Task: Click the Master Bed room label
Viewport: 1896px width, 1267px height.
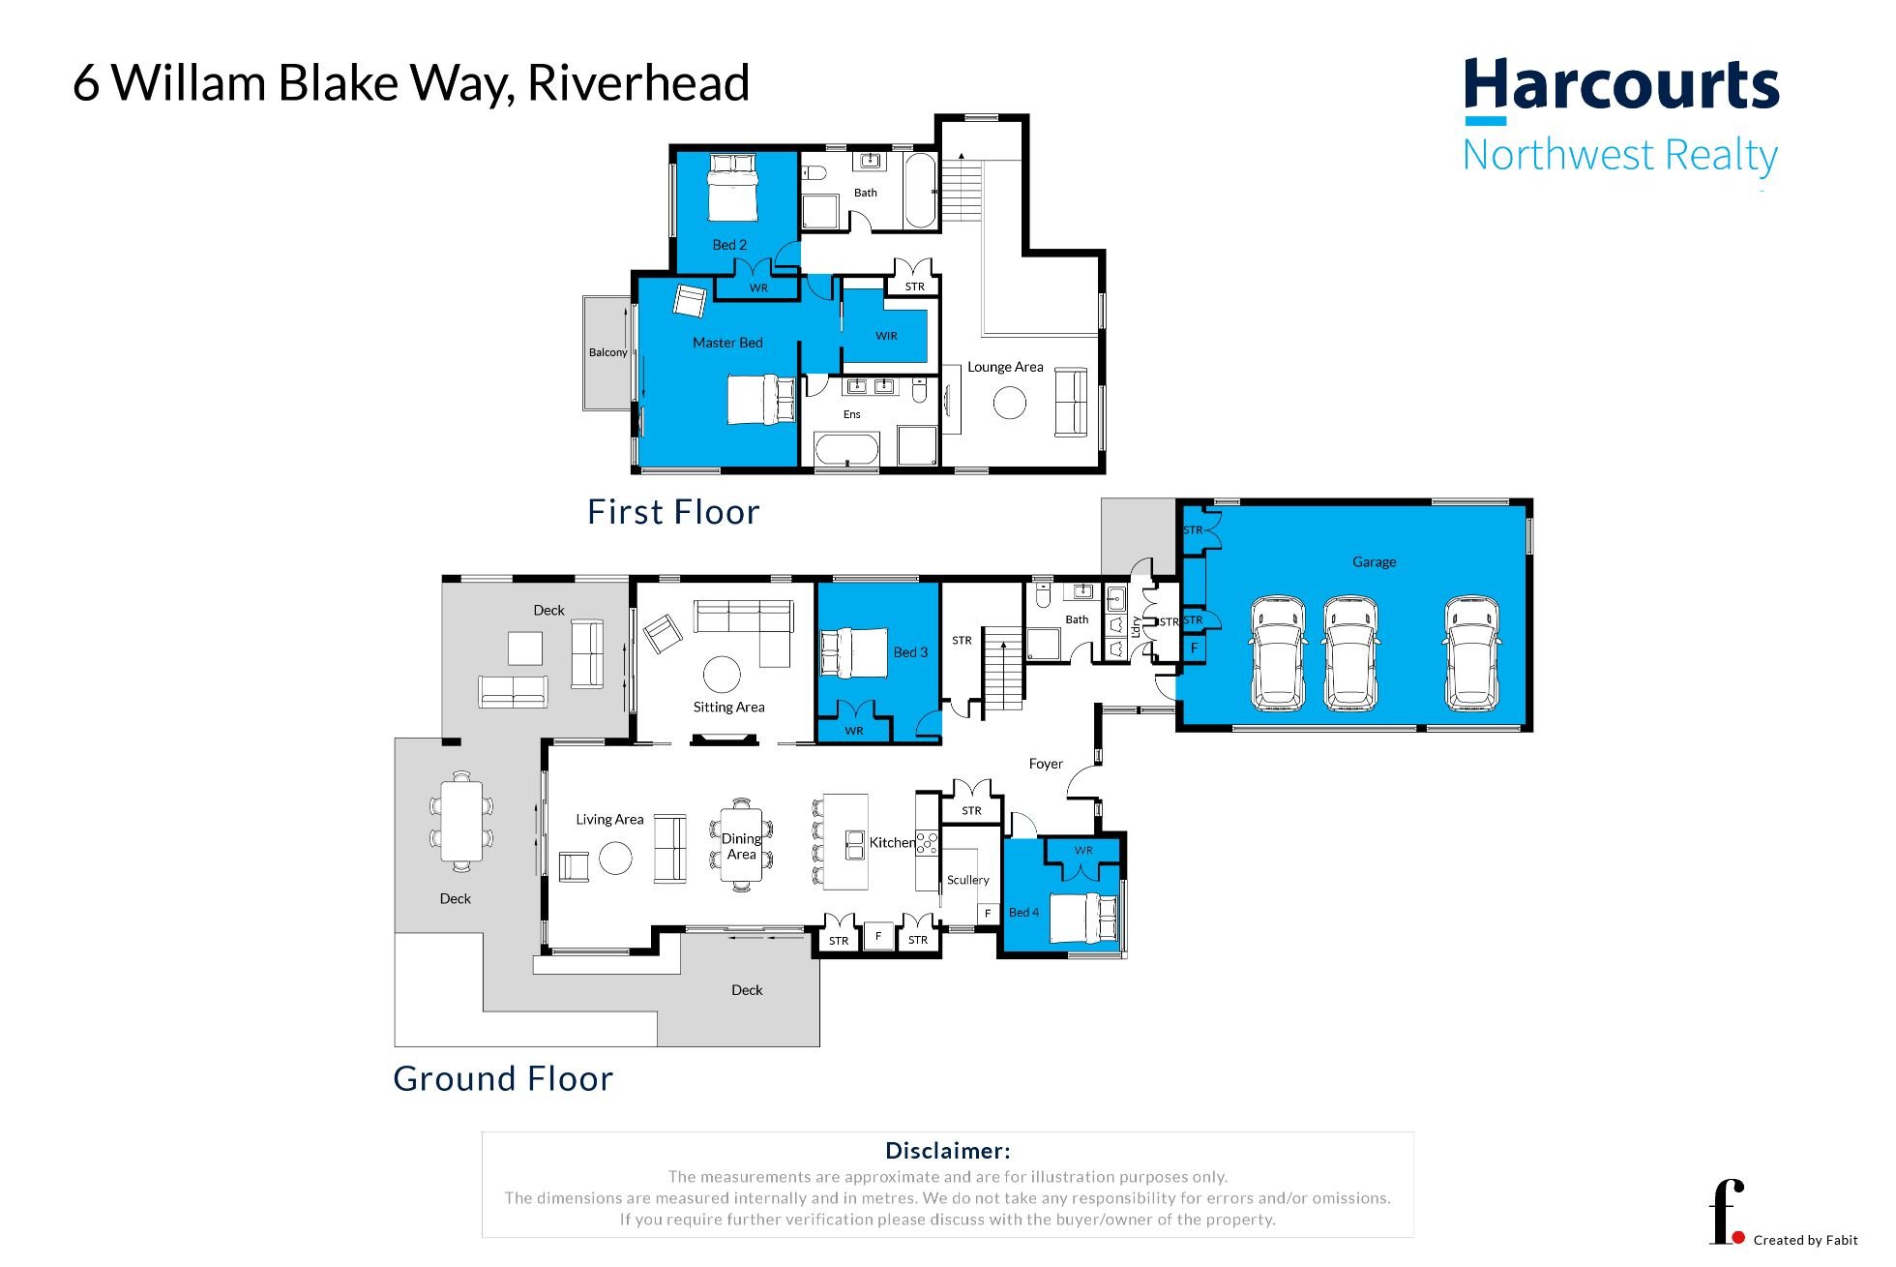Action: pyautogui.click(x=727, y=343)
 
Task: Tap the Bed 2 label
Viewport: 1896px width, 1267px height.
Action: pyautogui.click(x=729, y=245)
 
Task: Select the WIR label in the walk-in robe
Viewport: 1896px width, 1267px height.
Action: pyautogui.click(x=886, y=336)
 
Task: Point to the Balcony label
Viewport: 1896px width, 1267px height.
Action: pyautogui.click(x=607, y=352)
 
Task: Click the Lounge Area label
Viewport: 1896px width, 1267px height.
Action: pyautogui.click(x=1005, y=367)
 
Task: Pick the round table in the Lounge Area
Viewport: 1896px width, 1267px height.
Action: pyautogui.click(x=1009, y=403)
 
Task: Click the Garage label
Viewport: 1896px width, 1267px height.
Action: pyautogui.click(x=1374, y=561)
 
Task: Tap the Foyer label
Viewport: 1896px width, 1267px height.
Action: pyautogui.click(x=1046, y=764)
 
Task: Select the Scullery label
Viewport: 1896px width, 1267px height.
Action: pyautogui.click(x=967, y=880)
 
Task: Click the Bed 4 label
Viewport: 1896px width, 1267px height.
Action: pyautogui.click(x=1023, y=912)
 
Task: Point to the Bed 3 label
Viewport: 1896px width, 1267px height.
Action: pyautogui.click(x=910, y=652)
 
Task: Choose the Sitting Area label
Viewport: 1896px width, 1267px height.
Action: pyautogui.click(x=728, y=708)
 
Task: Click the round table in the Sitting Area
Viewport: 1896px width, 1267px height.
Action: pyautogui.click(x=722, y=675)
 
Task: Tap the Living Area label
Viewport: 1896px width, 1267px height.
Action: pyautogui.click(x=609, y=820)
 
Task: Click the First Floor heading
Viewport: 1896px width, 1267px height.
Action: pyautogui.click(x=673, y=512)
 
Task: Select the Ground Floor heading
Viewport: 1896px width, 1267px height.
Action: pyautogui.click(x=503, y=1078)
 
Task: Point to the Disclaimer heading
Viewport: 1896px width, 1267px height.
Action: pyautogui.click(x=948, y=1151)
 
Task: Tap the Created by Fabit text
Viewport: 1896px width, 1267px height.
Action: pyautogui.click(x=1805, y=1240)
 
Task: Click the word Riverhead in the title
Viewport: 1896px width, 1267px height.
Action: pyautogui.click(x=638, y=82)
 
